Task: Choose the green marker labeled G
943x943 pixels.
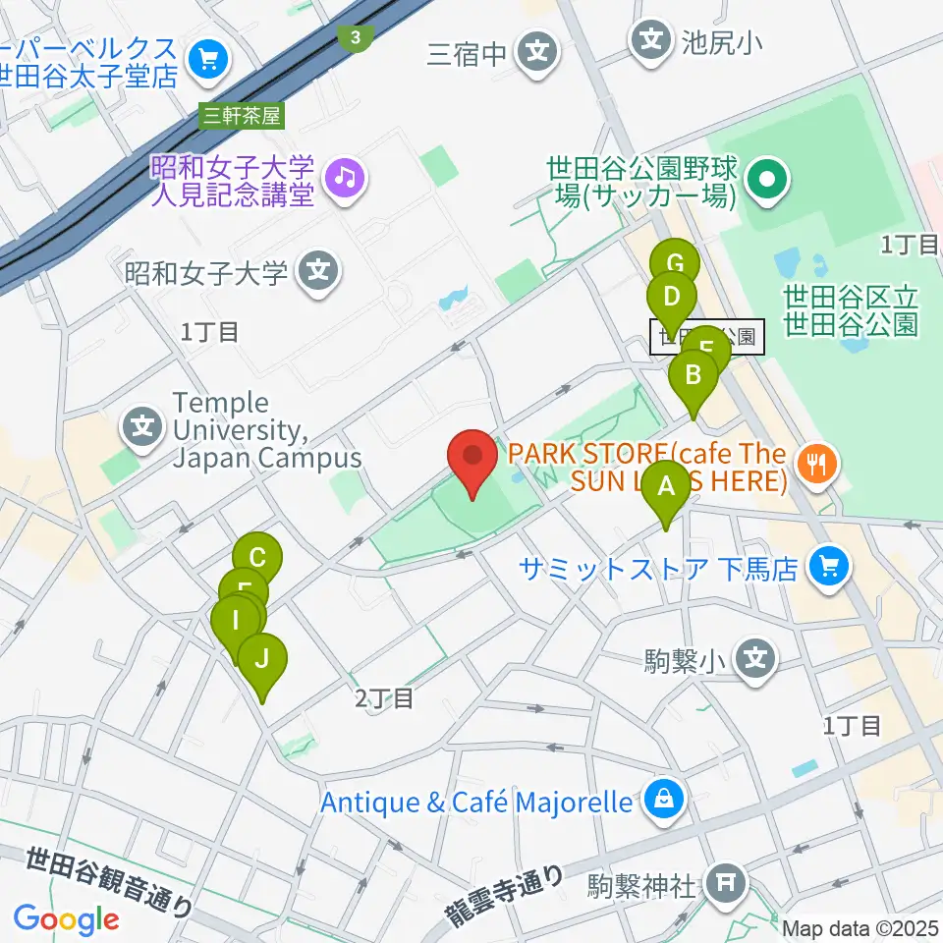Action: (x=675, y=265)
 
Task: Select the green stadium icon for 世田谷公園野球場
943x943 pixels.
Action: (x=767, y=178)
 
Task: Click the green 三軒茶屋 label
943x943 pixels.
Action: (x=240, y=115)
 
